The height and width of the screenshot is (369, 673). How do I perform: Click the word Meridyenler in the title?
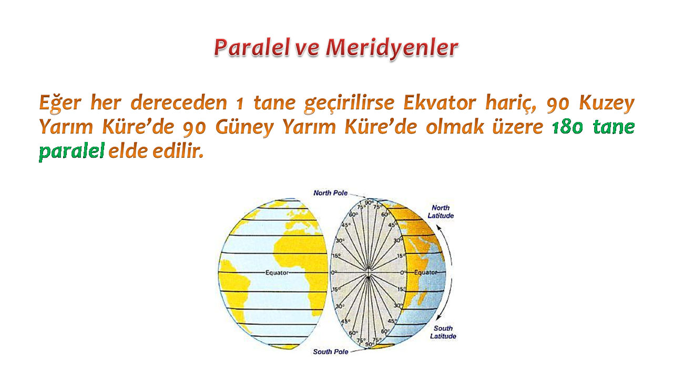[x=392, y=48]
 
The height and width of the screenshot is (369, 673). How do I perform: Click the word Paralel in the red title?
[x=252, y=47]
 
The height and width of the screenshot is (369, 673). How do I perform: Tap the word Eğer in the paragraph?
[x=60, y=104]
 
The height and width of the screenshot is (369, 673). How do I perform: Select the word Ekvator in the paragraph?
[x=440, y=102]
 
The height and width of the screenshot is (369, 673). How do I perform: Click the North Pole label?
[x=331, y=193]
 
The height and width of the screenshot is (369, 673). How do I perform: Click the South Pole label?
[x=331, y=352]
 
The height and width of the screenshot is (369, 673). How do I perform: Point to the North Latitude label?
[x=441, y=211]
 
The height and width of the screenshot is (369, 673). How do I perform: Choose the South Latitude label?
[x=443, y=332]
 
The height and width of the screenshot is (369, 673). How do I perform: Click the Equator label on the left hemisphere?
[x=277, y=272]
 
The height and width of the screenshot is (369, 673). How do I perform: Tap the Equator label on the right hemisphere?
[x=426, y=272]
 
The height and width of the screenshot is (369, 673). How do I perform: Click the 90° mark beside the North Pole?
[x=369, y=203]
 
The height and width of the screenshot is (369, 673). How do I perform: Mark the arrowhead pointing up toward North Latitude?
[x=439, y=228]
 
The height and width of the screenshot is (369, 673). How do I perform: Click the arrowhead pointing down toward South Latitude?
[x=439, y=317]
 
